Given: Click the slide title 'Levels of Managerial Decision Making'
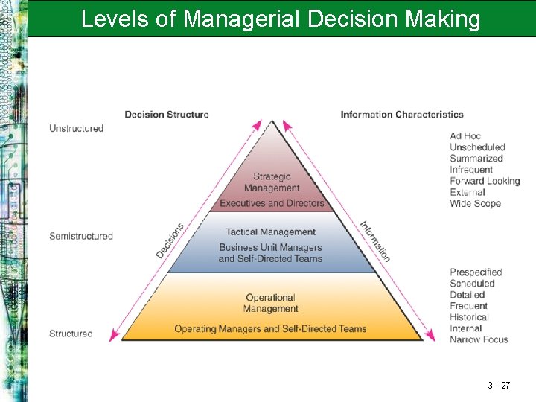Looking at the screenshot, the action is [x=281, y=19].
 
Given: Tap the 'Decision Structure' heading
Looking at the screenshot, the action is [x=167, y=115].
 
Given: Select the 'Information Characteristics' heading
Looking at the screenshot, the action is [x=402, y=115].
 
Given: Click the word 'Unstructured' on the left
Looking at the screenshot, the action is [x=76, y=128].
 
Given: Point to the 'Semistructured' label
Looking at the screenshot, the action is [x=81, y=236].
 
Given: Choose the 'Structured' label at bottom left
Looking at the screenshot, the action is [x=71, y=334].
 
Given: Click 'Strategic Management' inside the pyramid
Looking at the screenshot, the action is [x=272, y=182].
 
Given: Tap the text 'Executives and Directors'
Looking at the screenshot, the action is [x=272, y=203].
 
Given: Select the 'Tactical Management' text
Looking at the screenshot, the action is [x=271, y=232].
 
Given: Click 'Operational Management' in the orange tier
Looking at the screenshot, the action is [x=271, y=303].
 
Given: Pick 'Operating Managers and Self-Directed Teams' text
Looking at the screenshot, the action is [x=270, y=328].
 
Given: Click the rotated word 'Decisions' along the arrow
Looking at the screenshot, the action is [x=170, y=240].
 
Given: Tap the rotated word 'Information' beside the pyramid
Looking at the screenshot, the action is [x=375, y=240].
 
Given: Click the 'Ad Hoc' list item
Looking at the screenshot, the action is [x=465, y=136].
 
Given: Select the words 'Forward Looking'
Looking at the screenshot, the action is [x=485, y=181].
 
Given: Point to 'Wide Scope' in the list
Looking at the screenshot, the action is [x=475, y=203].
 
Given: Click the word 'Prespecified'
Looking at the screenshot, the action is [x=476, y=272].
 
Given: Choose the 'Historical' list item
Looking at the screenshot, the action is [x=469, y=317].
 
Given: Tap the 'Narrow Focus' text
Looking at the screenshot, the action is [x=479, y=339].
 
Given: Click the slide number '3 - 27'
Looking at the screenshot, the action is [x=499, y=386].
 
